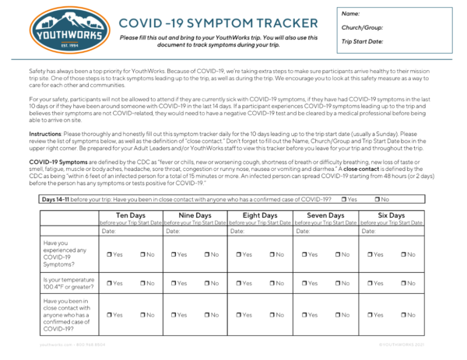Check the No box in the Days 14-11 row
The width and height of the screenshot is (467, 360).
pyautogui.click(x=377, y=199)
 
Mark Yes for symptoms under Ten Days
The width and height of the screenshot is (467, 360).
pyautogui.click(x=110, y=254)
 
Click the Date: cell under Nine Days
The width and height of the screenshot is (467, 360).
pyautogui.click(x=195, y=231)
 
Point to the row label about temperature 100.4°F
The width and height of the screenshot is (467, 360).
pyautogui.click(x=68, y=283)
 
